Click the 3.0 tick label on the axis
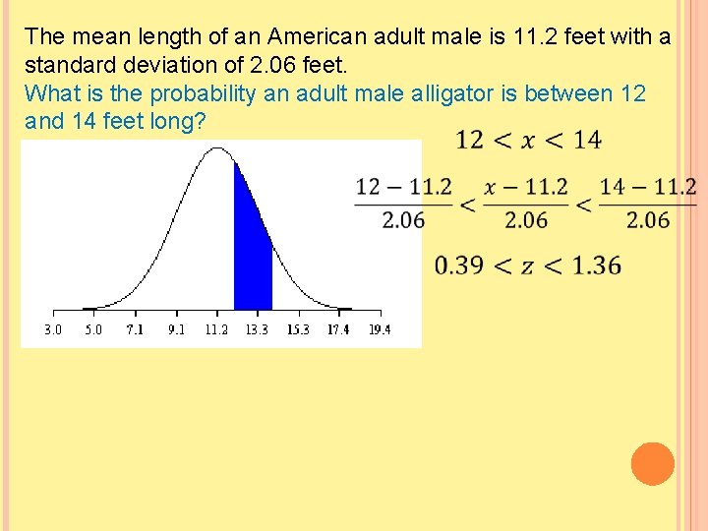tap(53, 329)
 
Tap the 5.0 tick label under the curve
tap(93, 329)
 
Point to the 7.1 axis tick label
tap(135, 329)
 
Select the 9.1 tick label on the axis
tap(175, 329)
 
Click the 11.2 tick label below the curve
tap(216, 329)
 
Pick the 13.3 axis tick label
tap(257, 329)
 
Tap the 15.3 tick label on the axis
tap(297, 329)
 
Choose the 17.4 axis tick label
tap(338, 329)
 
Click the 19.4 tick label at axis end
tap(379, 329)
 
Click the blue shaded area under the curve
tap(251, 256)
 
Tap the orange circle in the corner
tap(653, 464)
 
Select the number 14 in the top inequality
tap(586, 140)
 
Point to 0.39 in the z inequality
tap(460, 265)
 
